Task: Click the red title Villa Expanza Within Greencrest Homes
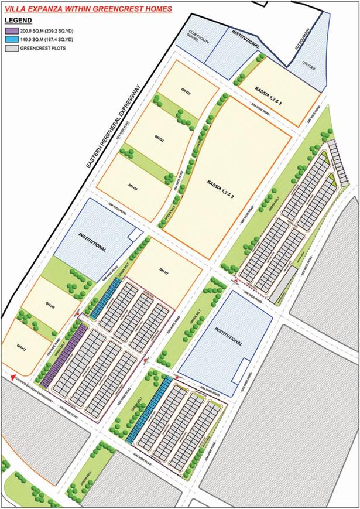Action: pos(88,9)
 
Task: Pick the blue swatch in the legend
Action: pos(11,39)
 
